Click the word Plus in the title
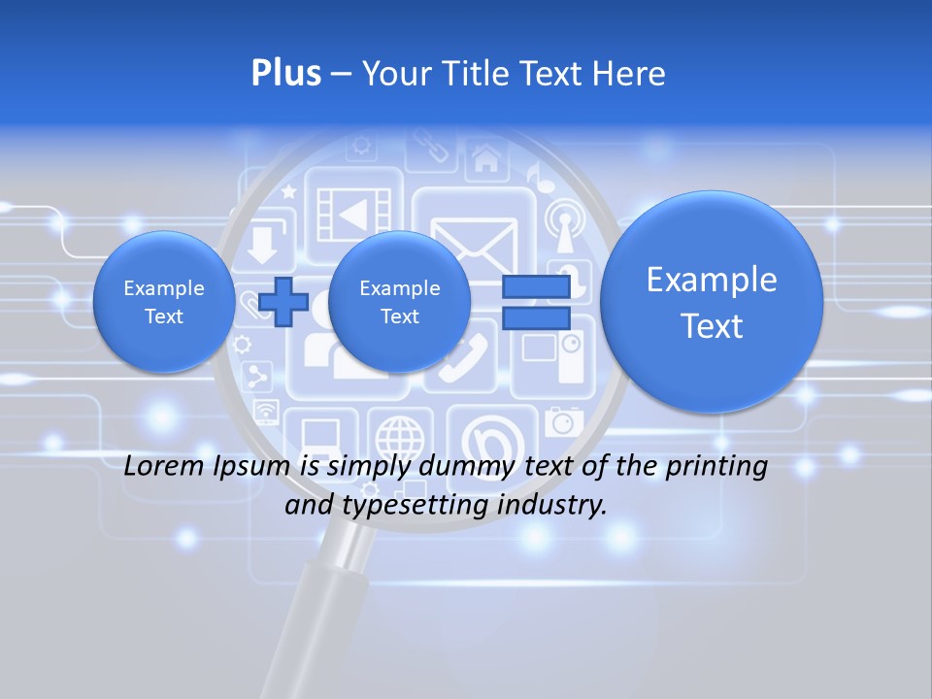(285, 74)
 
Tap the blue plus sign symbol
(283, 301)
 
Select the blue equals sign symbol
(535, 301)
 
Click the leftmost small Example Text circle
(164, 302)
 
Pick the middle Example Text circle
(400, 302)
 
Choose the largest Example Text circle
(712, 302)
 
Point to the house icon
(485, 157)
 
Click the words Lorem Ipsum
(208, 466)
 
